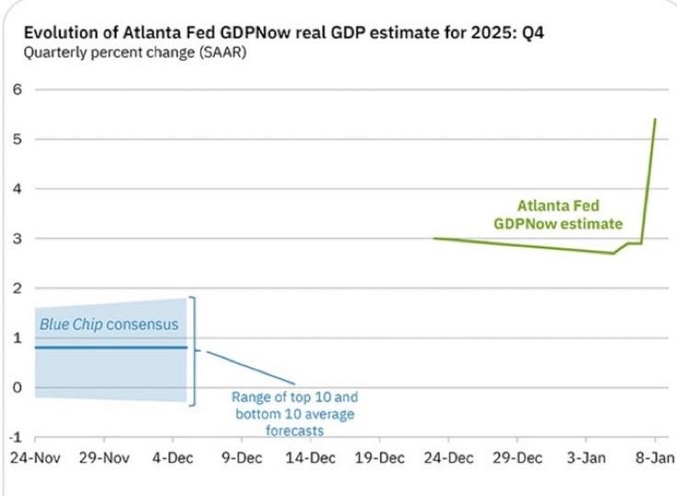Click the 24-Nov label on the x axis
35,457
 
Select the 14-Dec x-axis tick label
308,457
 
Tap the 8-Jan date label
653,457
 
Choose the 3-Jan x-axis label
584,457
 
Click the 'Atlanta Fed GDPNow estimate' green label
558,214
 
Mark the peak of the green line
654,118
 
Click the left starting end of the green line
434,238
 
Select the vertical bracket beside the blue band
194,350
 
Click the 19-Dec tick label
378,457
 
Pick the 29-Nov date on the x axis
103,457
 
